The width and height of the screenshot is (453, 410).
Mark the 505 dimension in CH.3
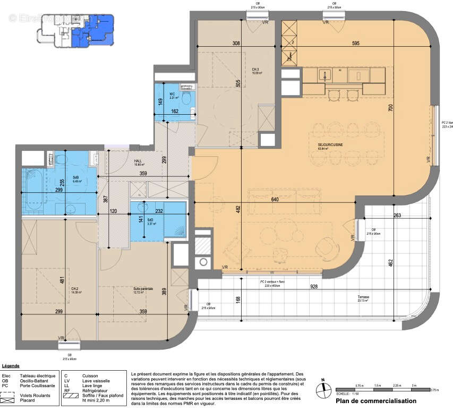[239, 83]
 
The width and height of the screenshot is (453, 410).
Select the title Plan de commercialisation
[375, 401]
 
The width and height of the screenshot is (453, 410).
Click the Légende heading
[11, 366]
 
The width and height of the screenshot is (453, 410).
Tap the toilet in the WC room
[185, 99]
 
